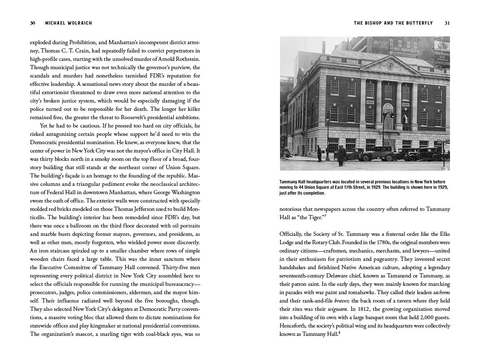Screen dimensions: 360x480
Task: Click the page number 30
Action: pos(32,23)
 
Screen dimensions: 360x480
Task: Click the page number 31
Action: pos(447,23)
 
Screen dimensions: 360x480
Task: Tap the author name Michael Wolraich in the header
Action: pos(68,23)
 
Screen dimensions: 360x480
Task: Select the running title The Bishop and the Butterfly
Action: pos(393,23)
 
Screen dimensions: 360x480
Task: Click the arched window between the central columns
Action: pos(388,114)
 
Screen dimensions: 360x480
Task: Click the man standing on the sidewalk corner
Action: pos(319,153)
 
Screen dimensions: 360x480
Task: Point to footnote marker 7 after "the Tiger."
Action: pos(325,215)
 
